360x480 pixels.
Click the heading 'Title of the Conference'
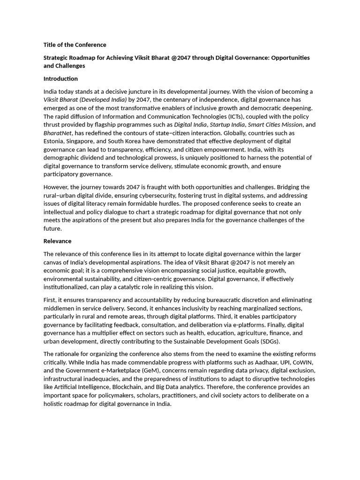click(x=75, y=45)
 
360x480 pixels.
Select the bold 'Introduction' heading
click(x=60, y=79)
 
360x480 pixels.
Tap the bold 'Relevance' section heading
click(x=57, y=241)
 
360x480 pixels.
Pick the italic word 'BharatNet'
click(x=57, y=133)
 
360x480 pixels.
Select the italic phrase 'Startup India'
click(x=227, y=125)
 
